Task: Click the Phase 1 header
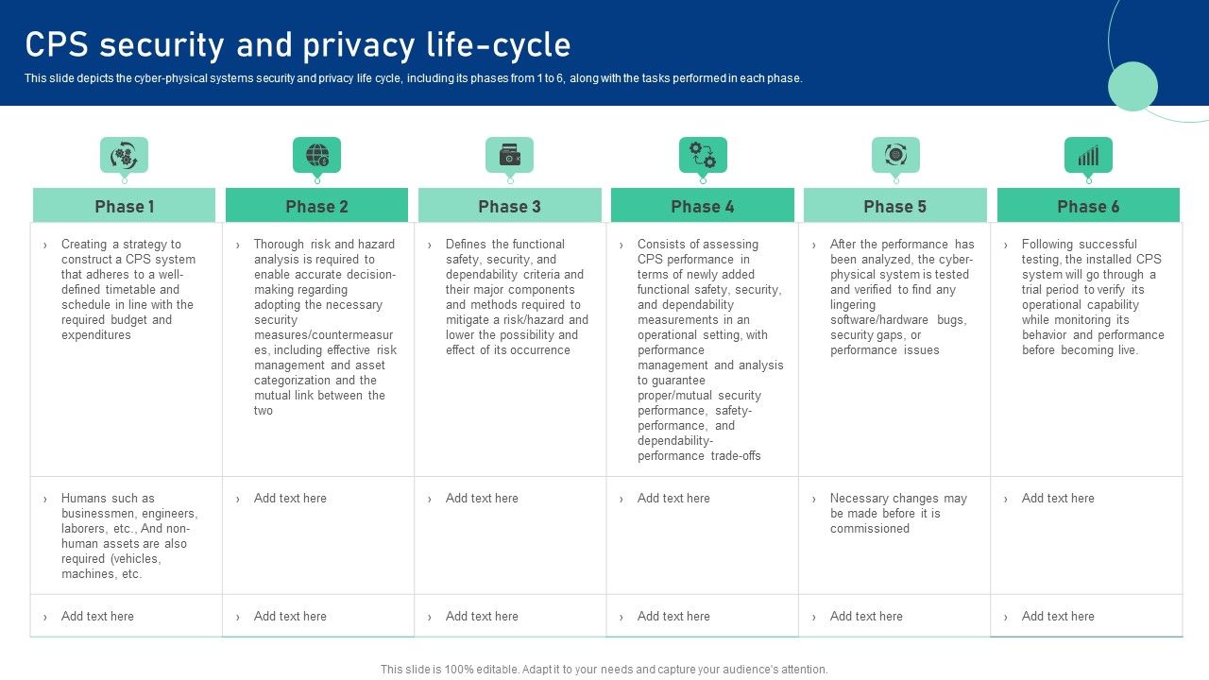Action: tap(124, 206)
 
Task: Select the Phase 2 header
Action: tap(316, 206)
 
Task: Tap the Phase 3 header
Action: tap(509, 206)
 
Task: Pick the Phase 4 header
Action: tap(702, 206)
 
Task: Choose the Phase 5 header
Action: tap(894, 206)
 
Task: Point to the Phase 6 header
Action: tap(1088, 206)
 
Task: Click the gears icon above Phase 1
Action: tap(124, 155)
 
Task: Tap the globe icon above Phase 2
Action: tap(317, 155)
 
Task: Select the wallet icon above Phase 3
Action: tap(509, 155)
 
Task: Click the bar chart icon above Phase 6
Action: tap(1088, 155)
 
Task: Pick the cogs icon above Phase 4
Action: tap(703, 155)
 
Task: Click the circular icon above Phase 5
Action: tap(895, 155)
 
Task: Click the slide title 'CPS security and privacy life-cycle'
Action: tap(298, 45)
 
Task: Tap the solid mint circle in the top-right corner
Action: tap(1132, 86)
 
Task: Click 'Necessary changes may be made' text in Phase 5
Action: tap(897, 513)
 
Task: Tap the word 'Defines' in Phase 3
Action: tap(466, 244)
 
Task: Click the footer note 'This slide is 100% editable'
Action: tap(604, 669)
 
